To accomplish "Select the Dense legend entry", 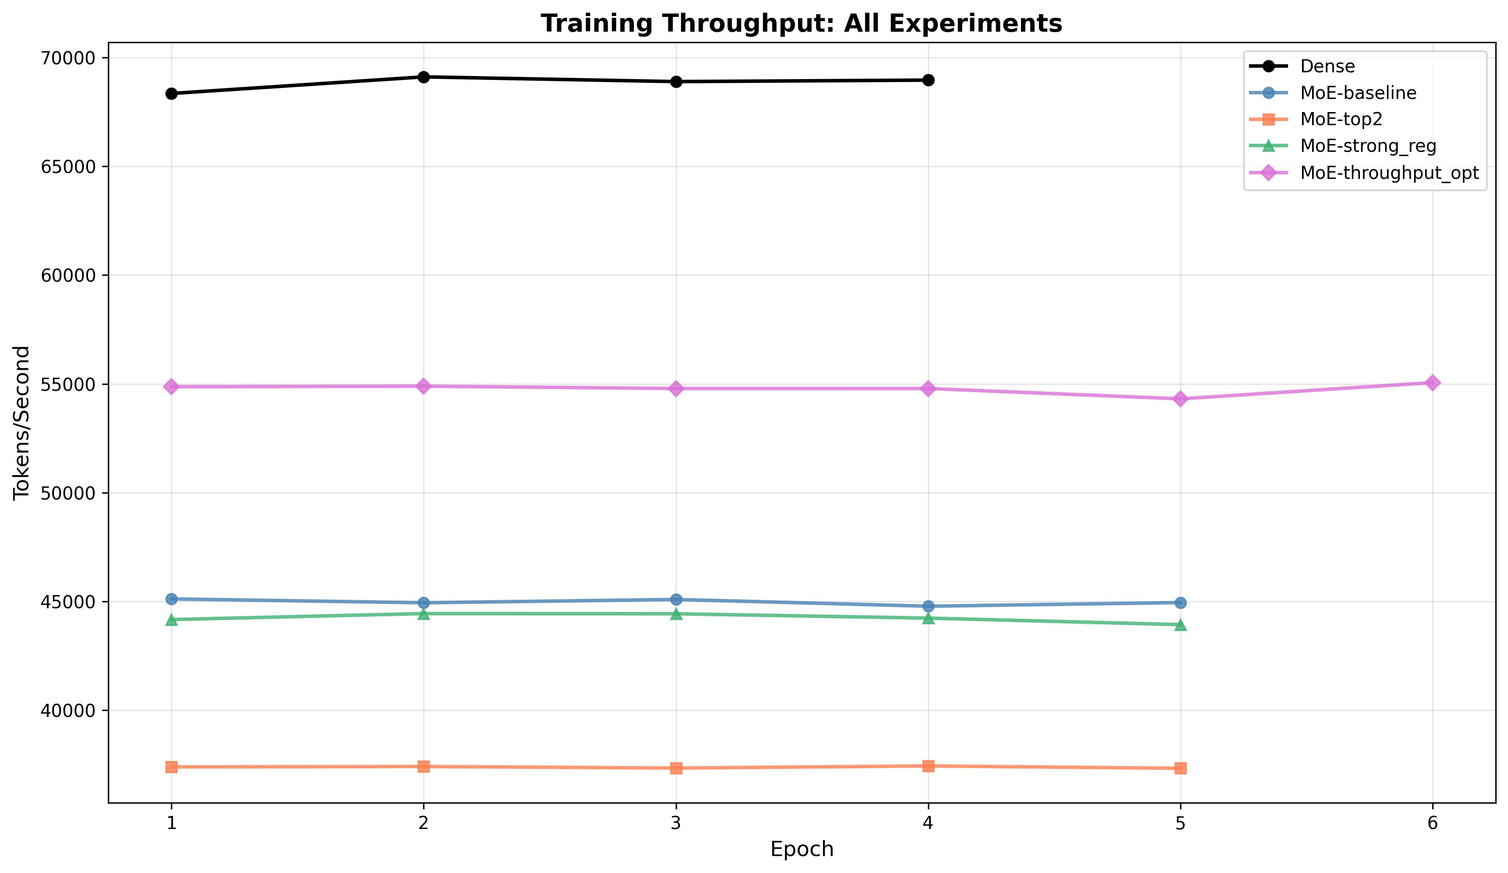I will coord(1327,66).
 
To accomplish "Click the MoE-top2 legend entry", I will coord(1341,120).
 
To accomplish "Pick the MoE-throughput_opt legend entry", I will coord(1389,173).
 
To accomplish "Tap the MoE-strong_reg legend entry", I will coord(1368,146).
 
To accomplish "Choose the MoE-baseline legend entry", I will coord(1358,93).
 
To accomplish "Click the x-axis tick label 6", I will coord(1432,824).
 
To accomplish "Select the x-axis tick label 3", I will coord(676,824).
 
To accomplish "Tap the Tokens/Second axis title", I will coord(22,423).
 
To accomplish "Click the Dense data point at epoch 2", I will coord(424,77).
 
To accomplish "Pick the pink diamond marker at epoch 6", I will coord(1432,383).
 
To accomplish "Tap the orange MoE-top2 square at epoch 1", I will coord(172,767).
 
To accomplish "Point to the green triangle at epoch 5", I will coord(1180,625).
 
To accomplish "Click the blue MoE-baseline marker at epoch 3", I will coord(676,599).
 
